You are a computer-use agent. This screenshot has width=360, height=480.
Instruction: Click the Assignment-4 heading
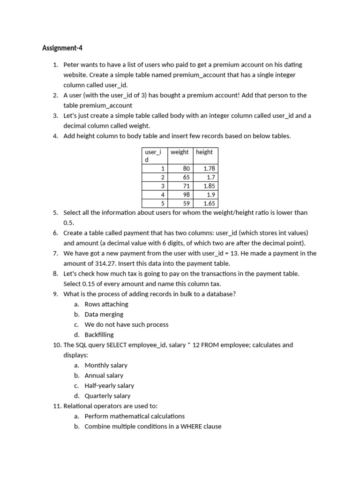pyautogui.click(x=59, y=48)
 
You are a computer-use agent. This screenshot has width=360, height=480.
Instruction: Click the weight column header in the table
pyautogui.click(x=180, y=152)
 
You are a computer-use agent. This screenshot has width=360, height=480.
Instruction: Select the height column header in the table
pyautogui.click(x=204, y=152)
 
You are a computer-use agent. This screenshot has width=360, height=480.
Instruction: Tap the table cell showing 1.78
pyautogui.click(x=209, y=168)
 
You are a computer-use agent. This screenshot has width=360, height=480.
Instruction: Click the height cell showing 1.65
pyautogui.click(x=209, y=203)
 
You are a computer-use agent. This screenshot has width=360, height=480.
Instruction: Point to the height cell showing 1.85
pyautogui.click(x=209, y=186)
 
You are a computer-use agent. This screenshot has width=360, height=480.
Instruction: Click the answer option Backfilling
pyautogui.click(x=99, y=335)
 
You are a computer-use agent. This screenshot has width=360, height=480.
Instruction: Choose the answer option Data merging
pyautogui.click(x=104, y=314)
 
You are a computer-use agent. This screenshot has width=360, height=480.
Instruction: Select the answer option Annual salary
pyautogui.click(x=104, y=375)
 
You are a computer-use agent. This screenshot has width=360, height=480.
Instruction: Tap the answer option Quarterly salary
pyautogui.click(x=107, y=396)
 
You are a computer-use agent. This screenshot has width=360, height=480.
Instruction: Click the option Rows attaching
pyautogui.click(x=106, y=304)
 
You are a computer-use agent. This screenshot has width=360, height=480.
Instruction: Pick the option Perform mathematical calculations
pyautogui.click(x=135, y=416)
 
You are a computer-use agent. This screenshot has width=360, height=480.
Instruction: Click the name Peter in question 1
pyautogui.click(x=72, y=65)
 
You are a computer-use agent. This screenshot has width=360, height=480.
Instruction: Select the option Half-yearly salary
pyautogui.click(x=109, y=386)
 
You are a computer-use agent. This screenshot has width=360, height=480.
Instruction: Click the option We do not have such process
pyautogui.click(x=127, y=324)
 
